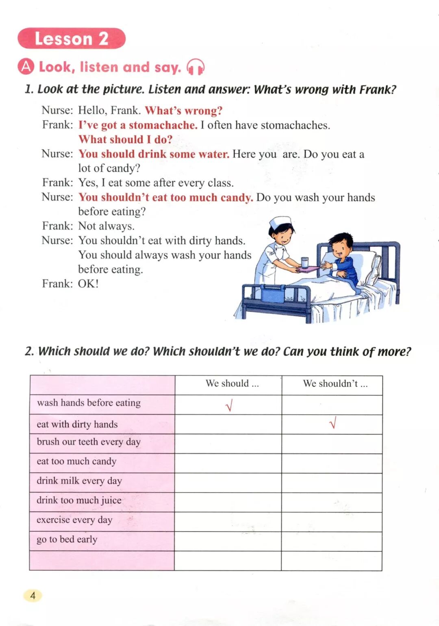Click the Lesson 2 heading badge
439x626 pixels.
point(72,39)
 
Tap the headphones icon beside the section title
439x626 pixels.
point(195,67)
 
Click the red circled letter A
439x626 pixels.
point(26,67)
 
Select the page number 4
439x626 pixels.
point(33,596)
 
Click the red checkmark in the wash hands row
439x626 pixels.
point(229,405)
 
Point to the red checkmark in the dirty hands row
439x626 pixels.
point(333,424)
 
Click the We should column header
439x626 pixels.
point(232,383)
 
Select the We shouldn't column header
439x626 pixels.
point(335,383)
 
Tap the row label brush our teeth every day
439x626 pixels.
point(89,442)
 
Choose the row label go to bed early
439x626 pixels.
point(67,539)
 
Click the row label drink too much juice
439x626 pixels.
point(79,500)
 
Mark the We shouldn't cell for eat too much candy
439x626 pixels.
point(332,463)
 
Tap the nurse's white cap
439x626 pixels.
point(281,223)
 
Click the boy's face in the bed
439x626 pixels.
point(340,248)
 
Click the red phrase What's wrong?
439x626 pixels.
point(183,111)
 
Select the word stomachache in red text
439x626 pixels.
point(163,125)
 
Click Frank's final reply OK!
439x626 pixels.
point(88,284)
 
